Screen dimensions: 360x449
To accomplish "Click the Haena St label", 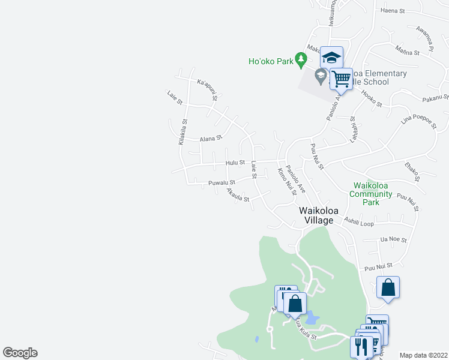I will point(393,11).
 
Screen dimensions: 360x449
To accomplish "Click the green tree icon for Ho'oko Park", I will point(301,61).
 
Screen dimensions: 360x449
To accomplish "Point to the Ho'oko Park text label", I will point(271,61).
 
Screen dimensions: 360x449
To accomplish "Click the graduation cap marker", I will point(331,58).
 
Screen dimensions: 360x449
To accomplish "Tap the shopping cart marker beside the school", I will point(341,78).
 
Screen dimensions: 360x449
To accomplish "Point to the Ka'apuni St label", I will point(207,90).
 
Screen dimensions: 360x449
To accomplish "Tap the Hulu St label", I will point(235,162).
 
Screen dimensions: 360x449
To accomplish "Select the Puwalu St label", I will point(221,182).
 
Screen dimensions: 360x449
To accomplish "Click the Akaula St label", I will point(237,196).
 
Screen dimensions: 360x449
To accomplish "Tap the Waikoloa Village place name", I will point(316,215).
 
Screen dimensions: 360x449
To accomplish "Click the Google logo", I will point(20,353).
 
